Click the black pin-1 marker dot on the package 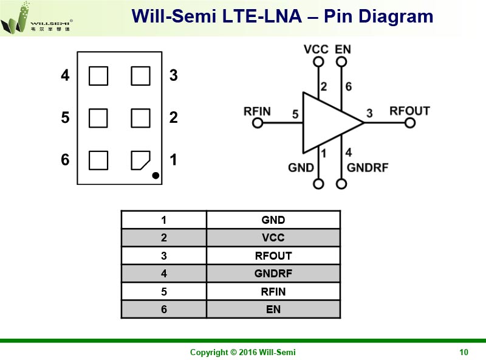tap(156, 176)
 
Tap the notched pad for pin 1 tap(140, 160)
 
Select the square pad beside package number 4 tap(98, 76)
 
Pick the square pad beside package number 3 tap(140, 76)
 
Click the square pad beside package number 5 tap(98, 118)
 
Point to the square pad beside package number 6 tap(98, 160)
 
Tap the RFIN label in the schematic tap(257, 111)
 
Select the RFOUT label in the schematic tap(409, 111)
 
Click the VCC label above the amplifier tap(317, 49)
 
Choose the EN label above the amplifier tap(343, 49)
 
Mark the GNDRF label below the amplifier tap(367, 168)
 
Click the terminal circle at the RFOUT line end tap(410, 123)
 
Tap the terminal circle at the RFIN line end tap(258, 123)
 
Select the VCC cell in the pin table tap(273, 238)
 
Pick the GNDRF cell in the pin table tap(273, 274)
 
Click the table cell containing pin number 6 tap(164, 310)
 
